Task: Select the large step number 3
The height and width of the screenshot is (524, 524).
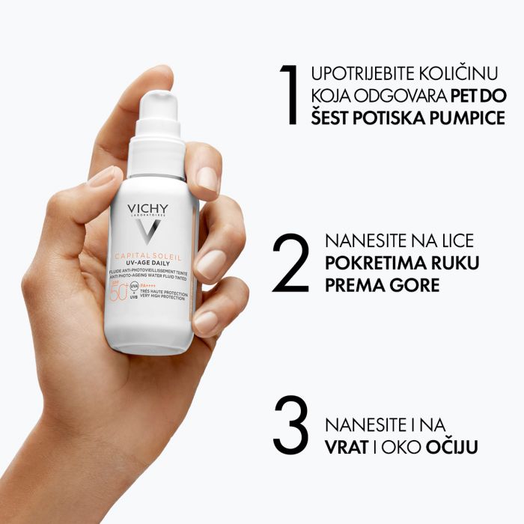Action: (291, 424)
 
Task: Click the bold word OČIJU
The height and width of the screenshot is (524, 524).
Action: (452, 447)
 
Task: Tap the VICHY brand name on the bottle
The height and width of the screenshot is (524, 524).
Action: (148, 208)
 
